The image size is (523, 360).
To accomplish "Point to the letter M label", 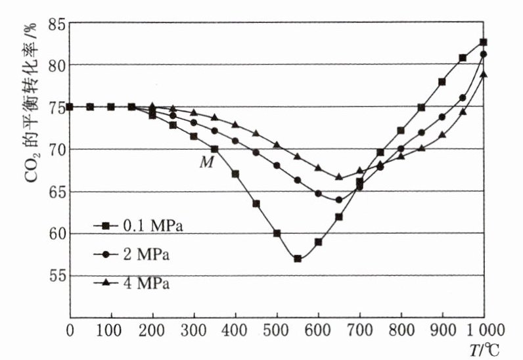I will click(x=205, y=161).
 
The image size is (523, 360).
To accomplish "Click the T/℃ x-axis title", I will click(x=485, y=348).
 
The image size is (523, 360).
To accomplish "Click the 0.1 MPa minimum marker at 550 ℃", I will click(x=297, y=259).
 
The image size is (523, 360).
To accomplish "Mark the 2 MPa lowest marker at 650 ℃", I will click(x=338, y=200).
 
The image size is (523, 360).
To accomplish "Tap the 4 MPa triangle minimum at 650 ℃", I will click(x=338, y=177).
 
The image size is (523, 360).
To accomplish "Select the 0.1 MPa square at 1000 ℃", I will click(x=483, y=42).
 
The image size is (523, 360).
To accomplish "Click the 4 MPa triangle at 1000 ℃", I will click(x=483, y=74).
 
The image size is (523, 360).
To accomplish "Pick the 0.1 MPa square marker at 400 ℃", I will click(x=235, y=174).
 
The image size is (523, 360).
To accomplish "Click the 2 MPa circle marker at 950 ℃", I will click(x=463, y=98).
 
